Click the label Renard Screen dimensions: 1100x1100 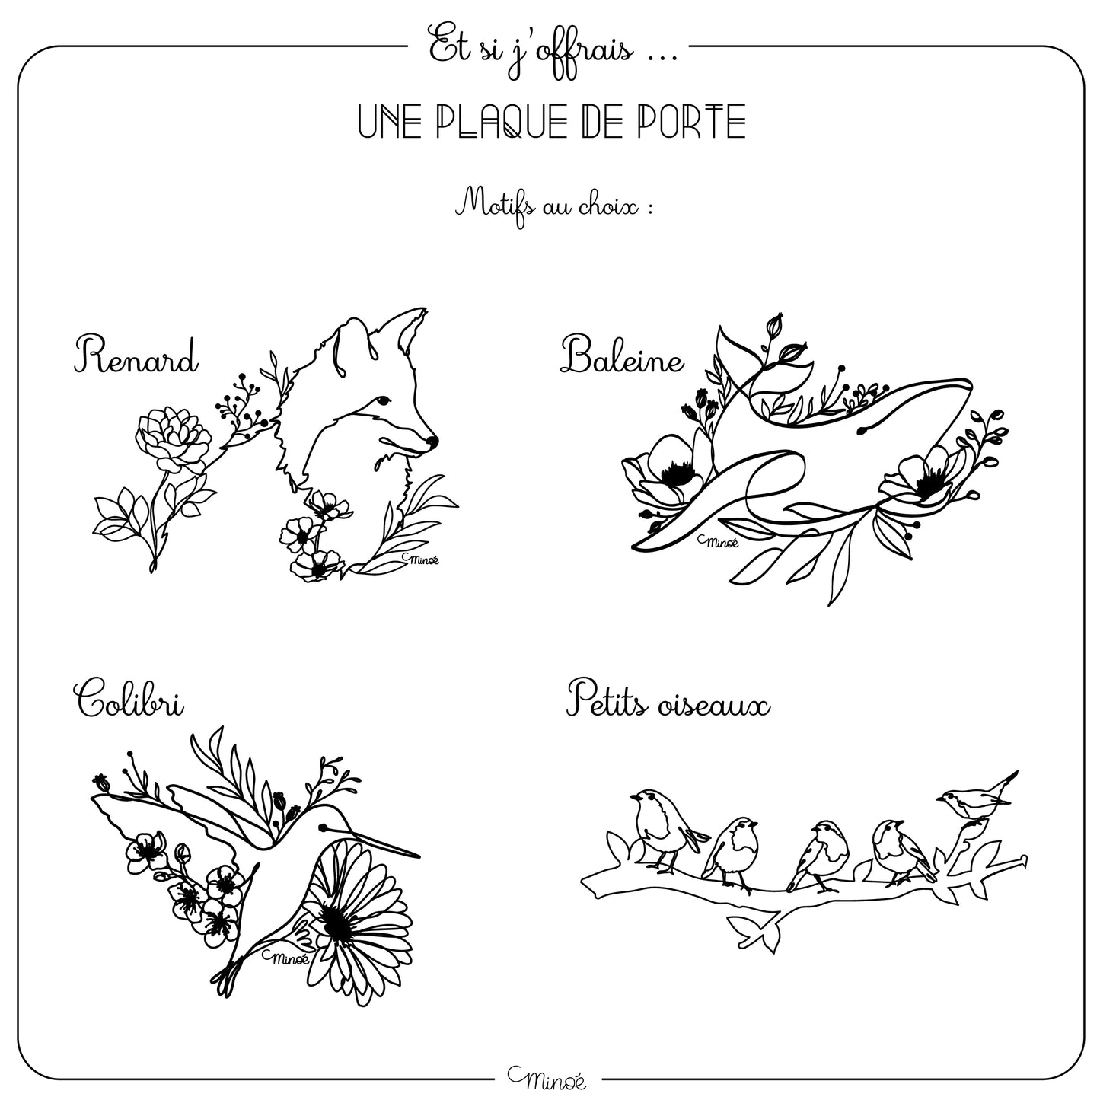click(x=136, y=356)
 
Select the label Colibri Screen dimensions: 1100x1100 click(x=129, y=698)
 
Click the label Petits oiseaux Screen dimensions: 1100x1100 click(x=668, y=700)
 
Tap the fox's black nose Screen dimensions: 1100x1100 click(x=432, y=441)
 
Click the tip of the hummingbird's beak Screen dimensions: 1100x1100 click(x=419, y=856)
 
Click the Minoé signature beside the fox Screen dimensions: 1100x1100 click(x=420, y=560)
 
